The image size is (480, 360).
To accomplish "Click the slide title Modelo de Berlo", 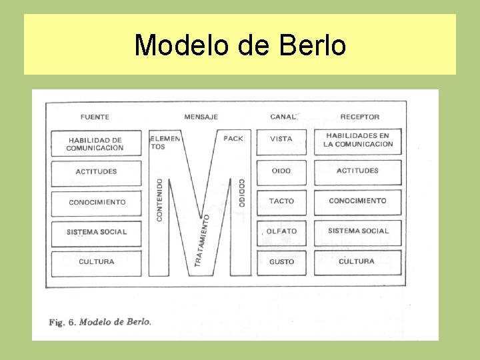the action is [240, 45].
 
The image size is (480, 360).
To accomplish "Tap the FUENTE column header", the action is [95, 117].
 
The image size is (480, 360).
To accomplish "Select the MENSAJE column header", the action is [201, 117].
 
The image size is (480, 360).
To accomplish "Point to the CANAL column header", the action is [283, 117].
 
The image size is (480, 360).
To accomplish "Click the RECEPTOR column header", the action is [359, 117].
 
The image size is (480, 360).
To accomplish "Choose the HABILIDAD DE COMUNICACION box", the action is [95, 144].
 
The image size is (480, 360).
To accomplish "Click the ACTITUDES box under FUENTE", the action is [96, 172].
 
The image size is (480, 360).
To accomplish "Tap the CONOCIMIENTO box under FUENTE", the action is [96, 203].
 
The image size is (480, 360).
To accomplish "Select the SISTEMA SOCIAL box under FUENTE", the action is [96, 232].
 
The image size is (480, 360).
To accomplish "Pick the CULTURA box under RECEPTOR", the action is [357, 261].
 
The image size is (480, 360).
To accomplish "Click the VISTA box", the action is [281, 139].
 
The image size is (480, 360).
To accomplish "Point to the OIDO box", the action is [281, 171].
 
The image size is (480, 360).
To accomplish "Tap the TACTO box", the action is [281, 201].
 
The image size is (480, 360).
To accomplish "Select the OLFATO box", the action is [281, 231].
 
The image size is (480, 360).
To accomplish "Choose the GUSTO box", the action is [281, 262].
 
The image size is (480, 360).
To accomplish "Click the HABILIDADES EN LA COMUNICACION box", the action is [358, 140].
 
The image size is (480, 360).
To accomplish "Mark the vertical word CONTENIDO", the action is [159, 200].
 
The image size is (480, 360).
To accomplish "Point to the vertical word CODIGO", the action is [241, 193].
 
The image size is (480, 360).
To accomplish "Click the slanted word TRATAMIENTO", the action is [202, 240].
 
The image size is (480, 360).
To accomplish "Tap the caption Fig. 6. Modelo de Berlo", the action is [100, 321].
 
